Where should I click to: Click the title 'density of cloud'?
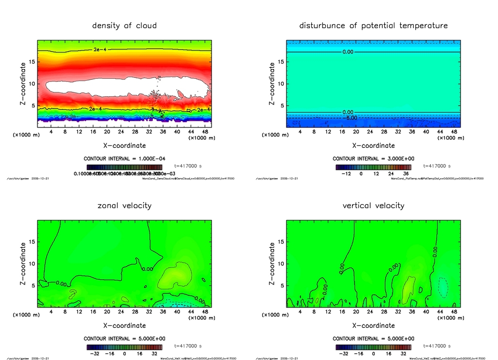[124, 25]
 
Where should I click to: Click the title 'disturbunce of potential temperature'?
[373, 25]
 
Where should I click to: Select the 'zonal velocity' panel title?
[124, 205]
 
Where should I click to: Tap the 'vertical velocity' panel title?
[373, 205]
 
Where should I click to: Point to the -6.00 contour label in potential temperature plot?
[351, 118]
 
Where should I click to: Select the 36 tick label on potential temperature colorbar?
[405, 173]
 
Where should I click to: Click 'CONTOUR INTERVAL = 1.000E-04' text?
[124, 159]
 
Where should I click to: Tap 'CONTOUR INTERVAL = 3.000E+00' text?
[373, 159]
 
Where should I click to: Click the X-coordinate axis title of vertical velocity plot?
[373, 325]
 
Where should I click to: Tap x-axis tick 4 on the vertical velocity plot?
[300, 312]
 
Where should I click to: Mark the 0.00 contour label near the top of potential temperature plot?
[348, 52]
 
